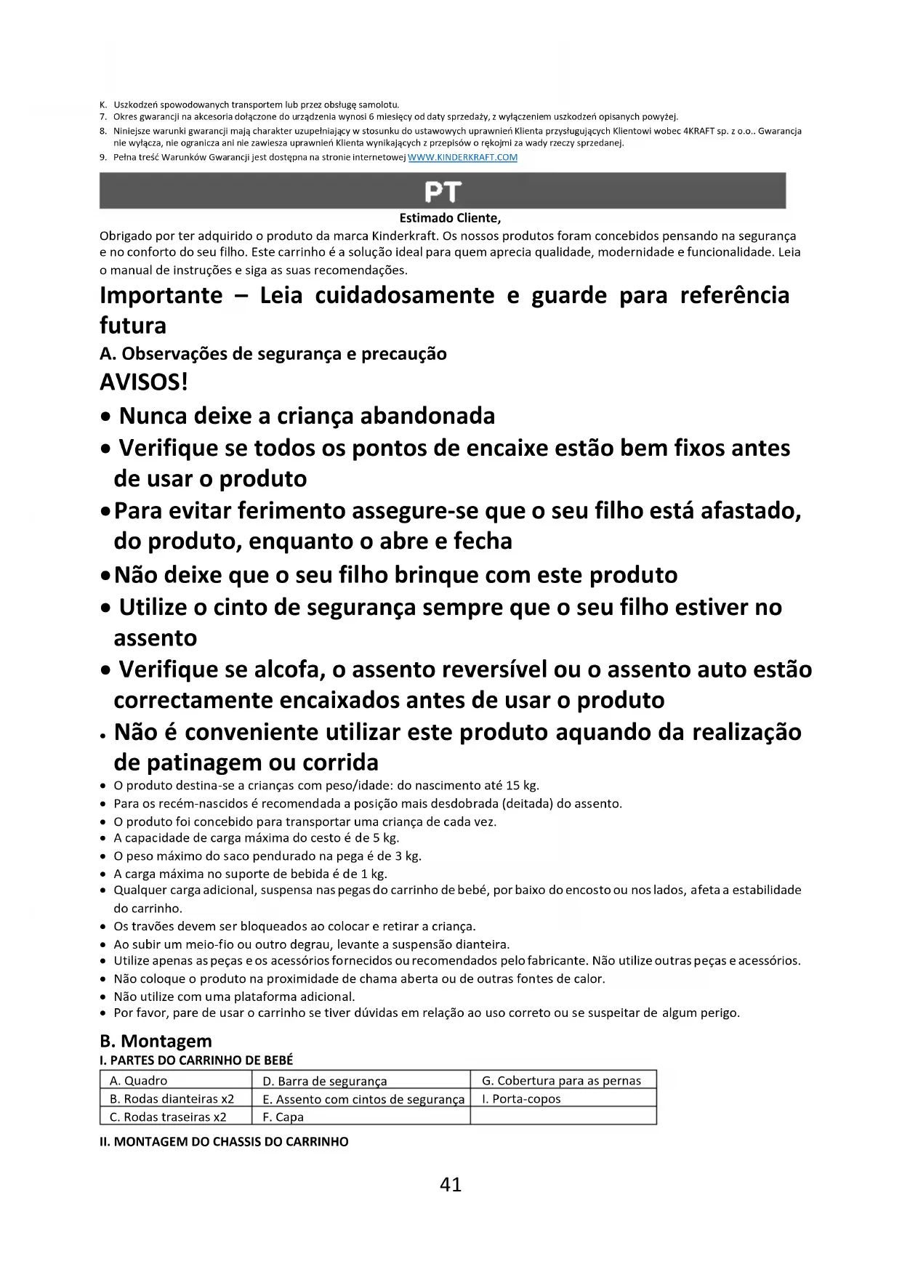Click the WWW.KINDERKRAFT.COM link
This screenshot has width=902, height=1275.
pyautogui.click(x=463, y=157)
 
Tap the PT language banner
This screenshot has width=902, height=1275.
pyautogui.click(x=442, y=191)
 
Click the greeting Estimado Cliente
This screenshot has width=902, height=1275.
pyautogui.click(x=450, y=217)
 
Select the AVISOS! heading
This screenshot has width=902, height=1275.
pyautogui.click(x=143, y=382)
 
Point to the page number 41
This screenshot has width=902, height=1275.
pyautogui.click(x=451, y=1184)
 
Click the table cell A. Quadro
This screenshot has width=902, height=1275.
pyautogui.click(x=138, y=1080)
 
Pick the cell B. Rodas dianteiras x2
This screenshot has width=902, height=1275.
pyautogui.click(x=172, y=1098)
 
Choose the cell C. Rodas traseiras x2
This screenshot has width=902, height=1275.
pyautogui.click(x=168, y=1117)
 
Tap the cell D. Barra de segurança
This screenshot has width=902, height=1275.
pyautogui.click(x=324, y=1081)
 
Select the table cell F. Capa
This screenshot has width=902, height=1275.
pyautogui.click(x=283, y=1117)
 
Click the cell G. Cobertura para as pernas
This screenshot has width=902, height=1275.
pyautogui.click(x=561, y=1080)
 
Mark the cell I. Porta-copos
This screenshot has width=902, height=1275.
pyautogui.click(x=521, y=1098)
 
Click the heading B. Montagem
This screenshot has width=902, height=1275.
pyautogui.click(x=156, y=1041)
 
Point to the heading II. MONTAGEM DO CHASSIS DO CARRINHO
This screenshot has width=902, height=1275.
pyautogui.click(x=224, y=1141)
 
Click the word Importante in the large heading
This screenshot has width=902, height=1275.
pyautogui.click(x=161, y=295)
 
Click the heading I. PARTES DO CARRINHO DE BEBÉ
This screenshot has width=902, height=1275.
pyautogui.click(x=196, y=1060)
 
